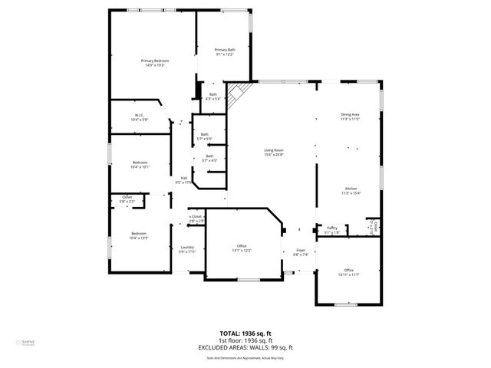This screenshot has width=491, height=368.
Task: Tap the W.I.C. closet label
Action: tap(139, 117)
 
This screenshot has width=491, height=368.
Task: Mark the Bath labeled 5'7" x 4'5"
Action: tap(209, 158)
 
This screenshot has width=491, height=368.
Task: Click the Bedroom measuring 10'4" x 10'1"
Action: tap(140, 164)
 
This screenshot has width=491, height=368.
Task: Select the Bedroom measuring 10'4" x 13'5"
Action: tap(139, 235)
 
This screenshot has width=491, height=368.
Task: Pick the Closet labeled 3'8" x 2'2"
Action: tap(127, 199)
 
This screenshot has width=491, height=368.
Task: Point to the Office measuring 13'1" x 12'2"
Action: tap(242, 248)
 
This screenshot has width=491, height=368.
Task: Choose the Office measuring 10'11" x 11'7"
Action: tap(348, 272)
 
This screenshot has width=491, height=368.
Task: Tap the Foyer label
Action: tap(301, 252)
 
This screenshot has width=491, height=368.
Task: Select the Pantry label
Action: tap(332, 229)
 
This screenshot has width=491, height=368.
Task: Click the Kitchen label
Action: tap(351, 191)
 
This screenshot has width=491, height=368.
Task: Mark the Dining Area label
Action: tap(350, 117)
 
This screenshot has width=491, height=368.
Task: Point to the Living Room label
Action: tap(274, 153)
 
